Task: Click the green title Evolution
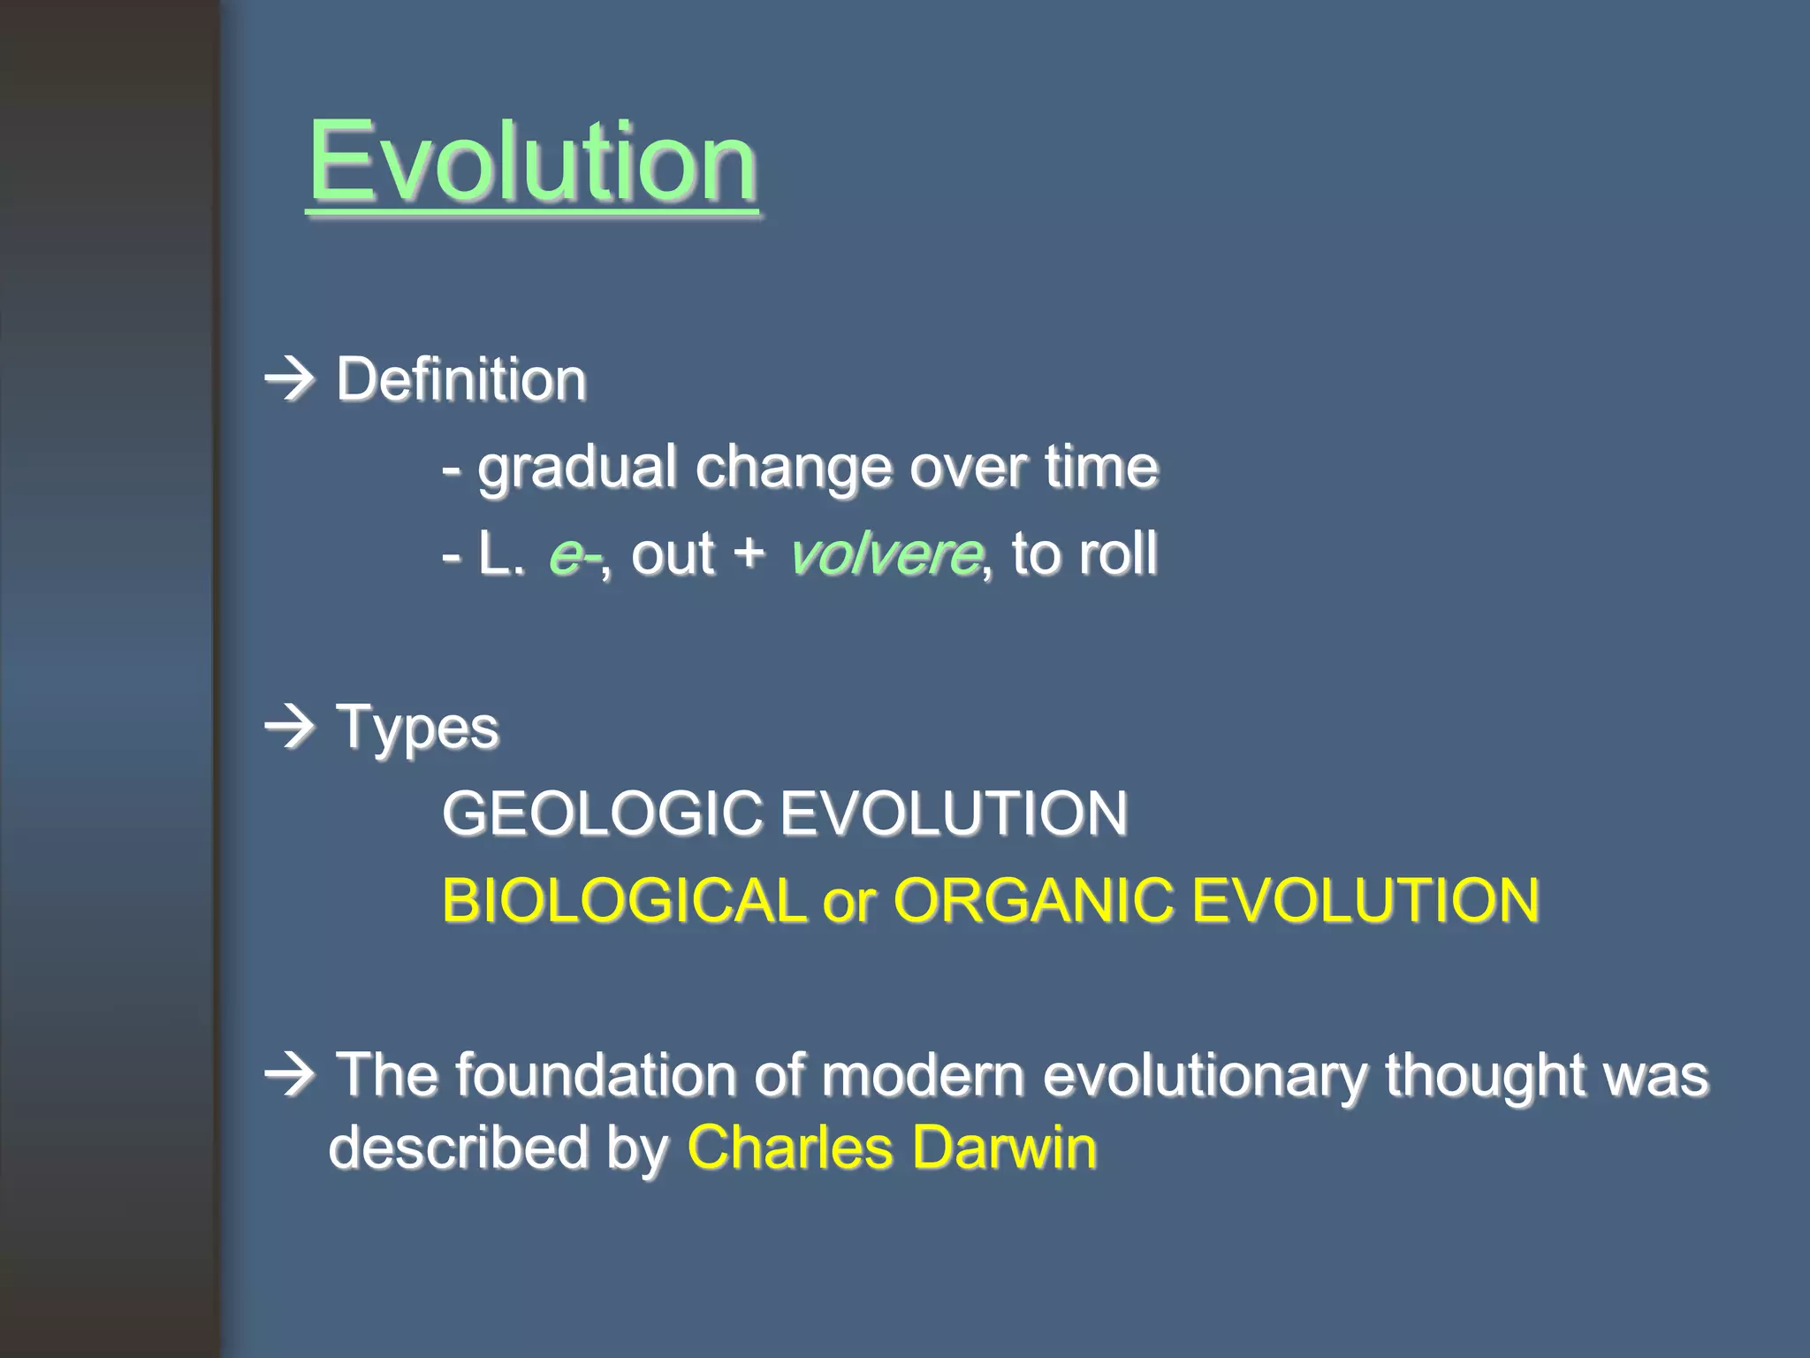coord(533,163)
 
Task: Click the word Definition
coord(461,380)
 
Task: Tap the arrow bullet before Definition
coord(291,380)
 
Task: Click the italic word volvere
coord(885,555)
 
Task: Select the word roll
coord(1120,554)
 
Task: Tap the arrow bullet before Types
coord(291,728)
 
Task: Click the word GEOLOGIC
coord(601,814)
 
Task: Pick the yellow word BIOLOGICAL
coord(624,901)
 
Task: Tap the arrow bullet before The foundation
coord(291,1074)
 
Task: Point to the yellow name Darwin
coord(1004,1148)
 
